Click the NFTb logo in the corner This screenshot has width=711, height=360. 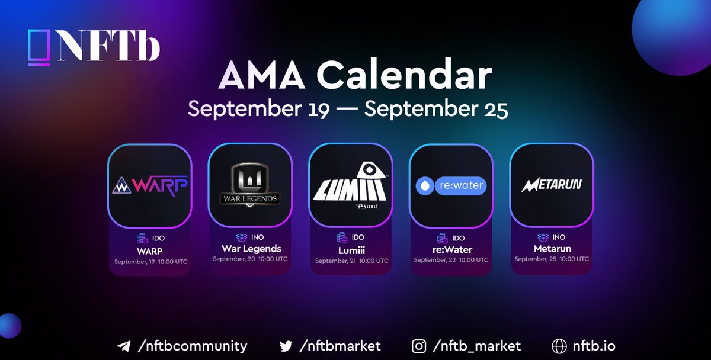(94, 46)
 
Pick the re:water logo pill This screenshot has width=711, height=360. (451, 186)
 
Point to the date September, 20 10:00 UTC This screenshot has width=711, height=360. (250, 259)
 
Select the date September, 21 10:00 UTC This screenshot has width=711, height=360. (351, 261)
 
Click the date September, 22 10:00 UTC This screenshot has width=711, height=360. (451, 260)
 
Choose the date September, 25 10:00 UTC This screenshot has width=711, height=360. (552, 259)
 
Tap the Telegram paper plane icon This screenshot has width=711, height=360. (124, 346)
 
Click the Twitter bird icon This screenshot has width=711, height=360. (286, 346)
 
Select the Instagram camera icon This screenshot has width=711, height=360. (418, 346)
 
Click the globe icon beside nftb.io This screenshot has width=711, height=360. (559, 346)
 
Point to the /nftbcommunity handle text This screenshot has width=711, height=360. (191, 346)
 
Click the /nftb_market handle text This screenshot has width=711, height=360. (476, 346)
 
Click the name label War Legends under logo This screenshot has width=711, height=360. (251, 248)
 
